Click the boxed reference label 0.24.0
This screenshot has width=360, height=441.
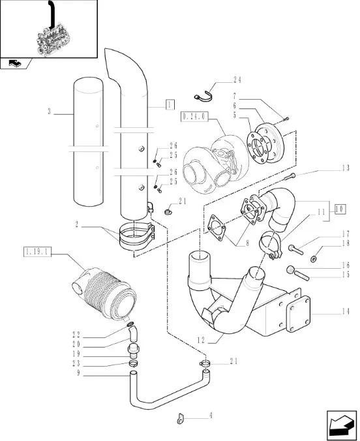pyautogui.click(x=194, y=116)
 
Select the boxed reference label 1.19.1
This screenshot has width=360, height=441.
pyautogui.click(x=37, y=252)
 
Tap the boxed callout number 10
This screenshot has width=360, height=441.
pyautogui.click(x=340, y=209)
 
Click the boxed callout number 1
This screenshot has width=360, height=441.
pyautogui.click(x=170, y=104)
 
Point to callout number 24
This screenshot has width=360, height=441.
pyautogui.click(x=237, y=80)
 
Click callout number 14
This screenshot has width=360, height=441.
pyautogui.click(x=346, y=311)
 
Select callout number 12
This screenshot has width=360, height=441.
pyautogui.click(x=201, y=341)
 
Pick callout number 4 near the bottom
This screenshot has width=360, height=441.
pyautogui.click(x=211, y=416)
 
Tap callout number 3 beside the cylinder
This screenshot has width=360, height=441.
pyautogui.click(x=50, y=112)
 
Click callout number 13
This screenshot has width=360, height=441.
pyautogui.click(x=346, y=168)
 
